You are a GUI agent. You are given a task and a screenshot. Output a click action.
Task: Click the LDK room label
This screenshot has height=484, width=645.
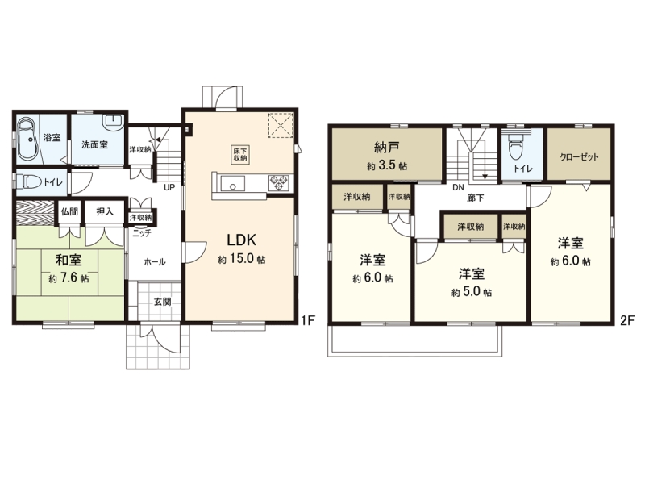[242, 240]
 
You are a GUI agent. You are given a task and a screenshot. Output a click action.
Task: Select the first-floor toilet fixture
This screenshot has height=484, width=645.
[31, 181]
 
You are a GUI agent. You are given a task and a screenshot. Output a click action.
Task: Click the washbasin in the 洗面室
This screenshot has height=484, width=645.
[112, 120]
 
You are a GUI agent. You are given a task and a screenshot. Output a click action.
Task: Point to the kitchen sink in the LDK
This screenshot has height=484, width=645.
[232, 184]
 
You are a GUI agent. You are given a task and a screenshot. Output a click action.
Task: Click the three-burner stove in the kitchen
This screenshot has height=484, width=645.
[279, 183]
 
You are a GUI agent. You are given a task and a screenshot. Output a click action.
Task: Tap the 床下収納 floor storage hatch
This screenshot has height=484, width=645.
[240, 154]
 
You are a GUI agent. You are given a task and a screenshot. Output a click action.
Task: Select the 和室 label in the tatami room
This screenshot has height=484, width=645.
[69, 260]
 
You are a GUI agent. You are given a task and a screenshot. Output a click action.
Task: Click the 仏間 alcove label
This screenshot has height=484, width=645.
[69, 211]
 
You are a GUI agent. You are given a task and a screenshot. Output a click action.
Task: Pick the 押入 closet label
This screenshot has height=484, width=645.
[105, 211]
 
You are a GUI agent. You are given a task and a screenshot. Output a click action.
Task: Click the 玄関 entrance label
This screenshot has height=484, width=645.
[163, 302]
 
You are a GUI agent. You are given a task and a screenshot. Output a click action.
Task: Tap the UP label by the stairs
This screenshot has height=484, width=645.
[169, 188]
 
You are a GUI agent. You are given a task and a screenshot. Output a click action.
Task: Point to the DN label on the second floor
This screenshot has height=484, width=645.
[458, 188]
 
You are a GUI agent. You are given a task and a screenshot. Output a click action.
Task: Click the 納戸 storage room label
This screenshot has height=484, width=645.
[387, 147]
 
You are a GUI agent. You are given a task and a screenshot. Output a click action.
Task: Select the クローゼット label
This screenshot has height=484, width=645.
[579, 156]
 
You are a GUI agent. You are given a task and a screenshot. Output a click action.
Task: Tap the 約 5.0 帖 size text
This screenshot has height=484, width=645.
[472, 292]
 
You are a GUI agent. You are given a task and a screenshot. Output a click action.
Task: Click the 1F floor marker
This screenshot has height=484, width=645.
[308, 320]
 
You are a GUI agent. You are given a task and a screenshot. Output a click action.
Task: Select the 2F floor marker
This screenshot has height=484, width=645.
[628, 320]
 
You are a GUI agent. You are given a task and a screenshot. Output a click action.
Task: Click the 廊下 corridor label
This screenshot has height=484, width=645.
[475, 198]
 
